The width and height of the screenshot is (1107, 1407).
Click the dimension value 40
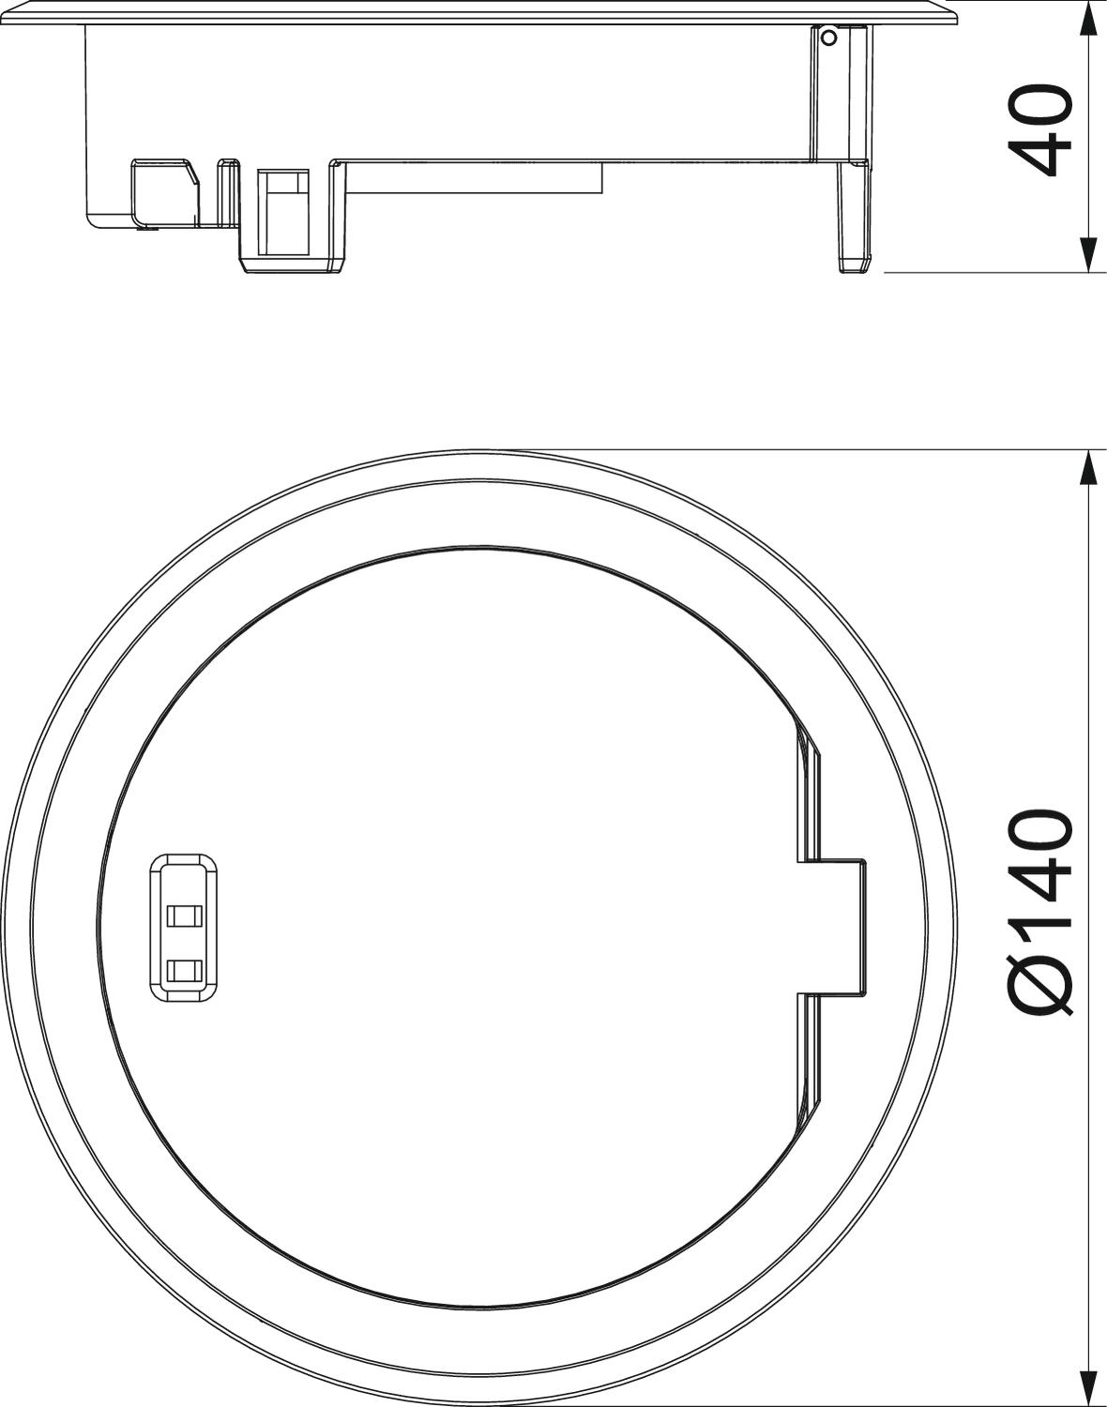pyautogui.click(x=1043, y=131)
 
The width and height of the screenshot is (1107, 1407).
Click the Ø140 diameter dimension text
pyautogui.click(x=1043, y=910)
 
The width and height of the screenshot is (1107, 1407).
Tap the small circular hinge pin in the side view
pyautogui.click(x=828, y=38)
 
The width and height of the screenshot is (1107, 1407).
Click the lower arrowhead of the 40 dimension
pyautogui.click(x=1087, y=255)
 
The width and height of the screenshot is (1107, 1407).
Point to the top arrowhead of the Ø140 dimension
pyautogui.click(x=1087, y=466)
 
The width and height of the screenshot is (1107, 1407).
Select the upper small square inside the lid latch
pyautogui.click(x=184, y=915)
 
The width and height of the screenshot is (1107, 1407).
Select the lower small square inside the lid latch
pyautogui.click(x=184, y=970)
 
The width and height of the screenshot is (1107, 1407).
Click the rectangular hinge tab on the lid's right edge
pyautogui.click(x=833, y=925)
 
